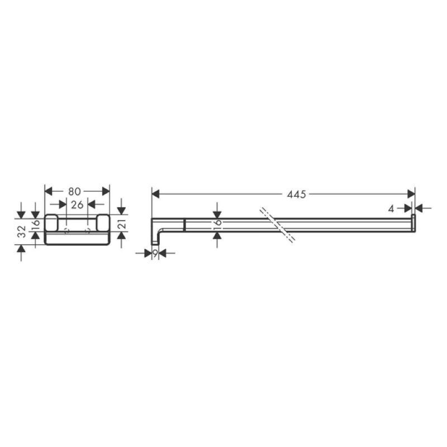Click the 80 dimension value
click(x=74, y=192)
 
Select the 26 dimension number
click(x=77, y=205)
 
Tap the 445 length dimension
click(x=296, y=194)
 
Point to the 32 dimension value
click(x=22, y=231)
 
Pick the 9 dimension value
click(x=155, y=253)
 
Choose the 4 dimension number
click(x=391, y=209)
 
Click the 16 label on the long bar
click(x=217, y=222)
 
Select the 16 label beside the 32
click(x=36, y=222)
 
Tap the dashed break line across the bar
click(x=277, y=225)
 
